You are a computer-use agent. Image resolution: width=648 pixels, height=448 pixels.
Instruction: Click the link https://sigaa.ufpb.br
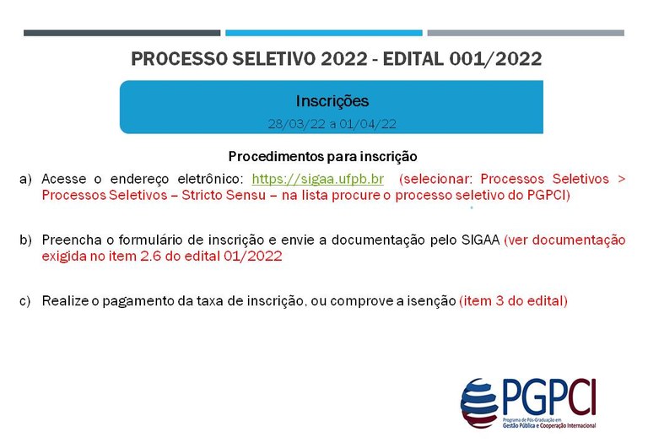click(x=318, y=179)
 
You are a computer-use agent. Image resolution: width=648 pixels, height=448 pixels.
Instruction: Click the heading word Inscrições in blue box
click(x=332, y=101)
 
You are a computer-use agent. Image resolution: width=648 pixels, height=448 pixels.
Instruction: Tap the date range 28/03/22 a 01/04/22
click(x=332, y=123)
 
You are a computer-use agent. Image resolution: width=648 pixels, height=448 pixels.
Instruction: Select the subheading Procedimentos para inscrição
click(x=323, y=157)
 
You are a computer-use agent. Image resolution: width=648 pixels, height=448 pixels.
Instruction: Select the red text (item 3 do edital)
click(x=514, y=300)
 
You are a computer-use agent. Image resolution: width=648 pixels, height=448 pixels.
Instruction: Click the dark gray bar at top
click(x=121, y=33)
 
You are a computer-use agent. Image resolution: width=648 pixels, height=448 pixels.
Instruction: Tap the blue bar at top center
click(x=323, y=33)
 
